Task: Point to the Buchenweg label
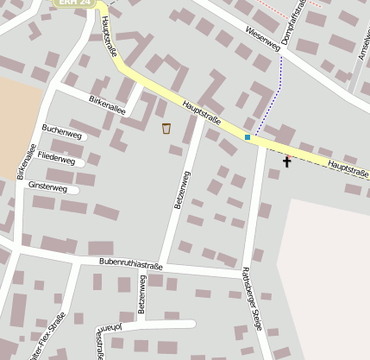pos(62,136)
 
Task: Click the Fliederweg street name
pos(57,161)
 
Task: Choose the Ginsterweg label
pos(47,186)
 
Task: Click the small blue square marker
pos(248,136)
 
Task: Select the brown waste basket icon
pos(166,129)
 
